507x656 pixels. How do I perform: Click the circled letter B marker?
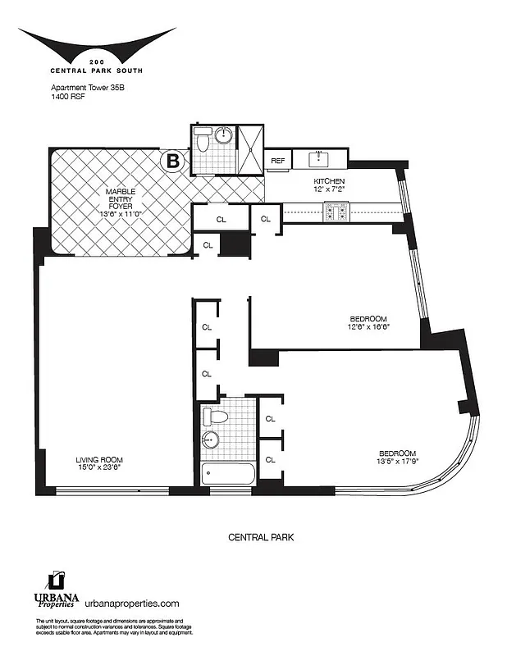click(x=173, y=161)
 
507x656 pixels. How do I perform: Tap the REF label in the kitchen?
click(x=278, y=161)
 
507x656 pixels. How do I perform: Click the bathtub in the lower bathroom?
click(x=226, y=474)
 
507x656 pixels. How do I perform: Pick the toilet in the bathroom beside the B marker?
click(x=203, y=141)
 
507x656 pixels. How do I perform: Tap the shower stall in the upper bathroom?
click(x=249, y=148)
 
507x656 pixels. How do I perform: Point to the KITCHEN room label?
click(x=330, y=181)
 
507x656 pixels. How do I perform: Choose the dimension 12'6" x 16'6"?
click(x=367, y=326)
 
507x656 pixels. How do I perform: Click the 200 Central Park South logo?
click(x=97, y=48)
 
